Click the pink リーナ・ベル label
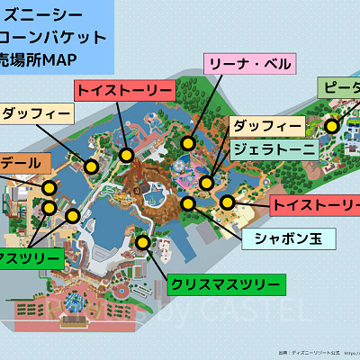tap(249, 64)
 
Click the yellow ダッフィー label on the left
tap(36, 115)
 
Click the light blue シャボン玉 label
tap(288, 238)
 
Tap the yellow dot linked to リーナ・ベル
tap(188, 142)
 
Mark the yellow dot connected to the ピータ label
tap(332, 127)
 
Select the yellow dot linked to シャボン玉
tap(188, 203)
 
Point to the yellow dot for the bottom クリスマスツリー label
tap(142, 241)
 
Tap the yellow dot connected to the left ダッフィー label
tap(91, 166)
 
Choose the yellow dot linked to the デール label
tap(49, 187)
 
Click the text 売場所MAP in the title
tap(40, 59)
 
